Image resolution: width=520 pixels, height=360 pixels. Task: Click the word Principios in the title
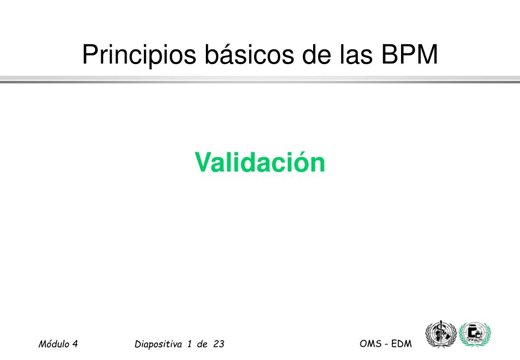139,55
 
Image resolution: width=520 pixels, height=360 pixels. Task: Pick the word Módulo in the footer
53,344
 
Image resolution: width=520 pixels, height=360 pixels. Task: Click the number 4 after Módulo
75,344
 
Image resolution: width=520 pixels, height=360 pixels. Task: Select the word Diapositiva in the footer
158,344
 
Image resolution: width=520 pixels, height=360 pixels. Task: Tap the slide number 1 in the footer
190,344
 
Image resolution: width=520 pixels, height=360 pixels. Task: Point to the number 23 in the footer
219,344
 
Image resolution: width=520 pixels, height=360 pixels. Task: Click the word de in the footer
202,344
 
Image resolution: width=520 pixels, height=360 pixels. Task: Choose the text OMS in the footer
371,344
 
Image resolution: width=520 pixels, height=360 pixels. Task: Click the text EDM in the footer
401,344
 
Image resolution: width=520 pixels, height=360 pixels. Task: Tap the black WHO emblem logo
441,334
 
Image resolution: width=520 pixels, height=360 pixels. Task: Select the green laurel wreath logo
475,334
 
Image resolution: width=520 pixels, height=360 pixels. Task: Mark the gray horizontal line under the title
260,79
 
